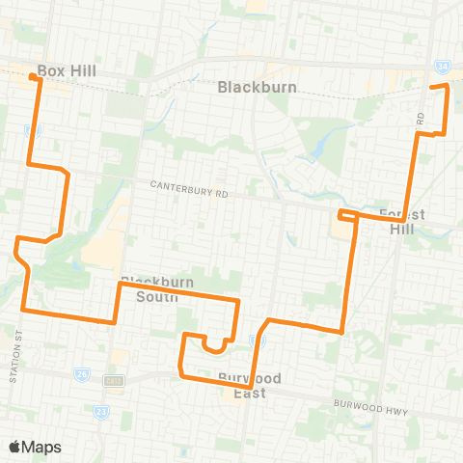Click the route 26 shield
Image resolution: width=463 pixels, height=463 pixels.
(83, 373)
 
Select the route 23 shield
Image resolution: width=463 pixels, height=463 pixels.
(103, 412)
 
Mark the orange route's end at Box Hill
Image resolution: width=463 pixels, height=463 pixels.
(35, 77)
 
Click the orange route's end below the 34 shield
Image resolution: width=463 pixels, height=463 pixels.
(446, 87)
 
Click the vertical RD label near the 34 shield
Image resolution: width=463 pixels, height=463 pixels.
(422, 118)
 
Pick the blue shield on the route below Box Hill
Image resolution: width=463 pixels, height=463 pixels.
(34, 128)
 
